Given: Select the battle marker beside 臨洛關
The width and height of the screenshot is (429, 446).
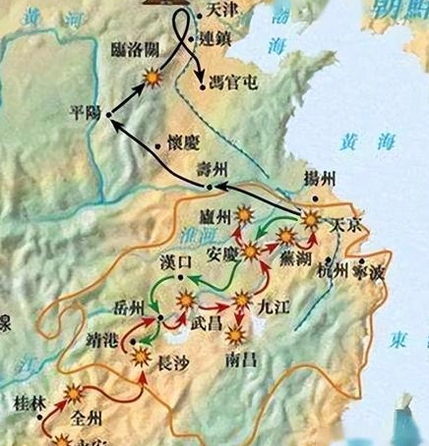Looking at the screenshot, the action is pyautogui.click(x=153, y=76).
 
